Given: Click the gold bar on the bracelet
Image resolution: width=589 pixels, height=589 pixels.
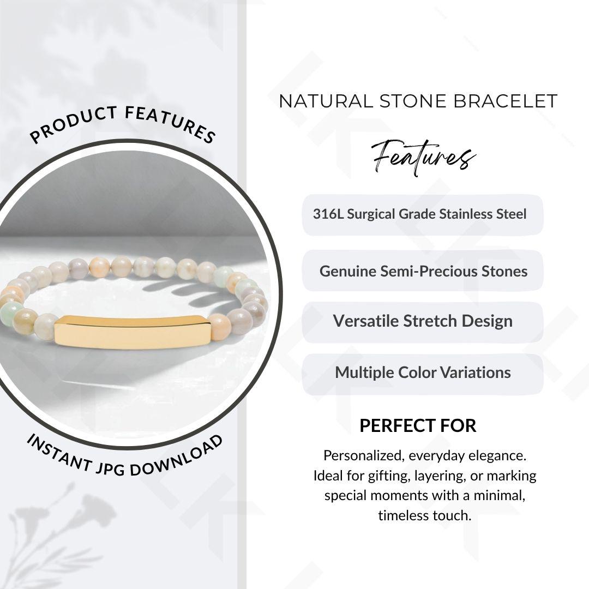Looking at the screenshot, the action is [132, 333].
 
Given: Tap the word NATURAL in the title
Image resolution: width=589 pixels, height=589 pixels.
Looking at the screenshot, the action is [326, 101].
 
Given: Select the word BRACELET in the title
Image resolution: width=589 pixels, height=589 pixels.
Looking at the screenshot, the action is [505, 101].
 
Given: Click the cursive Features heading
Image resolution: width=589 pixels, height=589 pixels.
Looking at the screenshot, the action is [423, 158].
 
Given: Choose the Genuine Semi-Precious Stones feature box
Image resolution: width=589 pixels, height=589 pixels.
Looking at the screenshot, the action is [423, 271].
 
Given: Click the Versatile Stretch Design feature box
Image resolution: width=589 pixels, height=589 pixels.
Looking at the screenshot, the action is [423, 322].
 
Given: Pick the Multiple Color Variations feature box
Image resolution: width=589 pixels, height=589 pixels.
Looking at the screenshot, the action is [423, 374].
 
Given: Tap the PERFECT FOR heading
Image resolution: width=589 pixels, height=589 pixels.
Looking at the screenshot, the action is [418, 426].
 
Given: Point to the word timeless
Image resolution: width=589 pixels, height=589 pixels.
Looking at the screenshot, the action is [404, 515].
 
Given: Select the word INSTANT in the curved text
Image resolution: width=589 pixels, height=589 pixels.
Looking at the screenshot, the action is [59, 452].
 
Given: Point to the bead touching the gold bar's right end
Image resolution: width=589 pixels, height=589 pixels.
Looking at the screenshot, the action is [219, 327].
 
